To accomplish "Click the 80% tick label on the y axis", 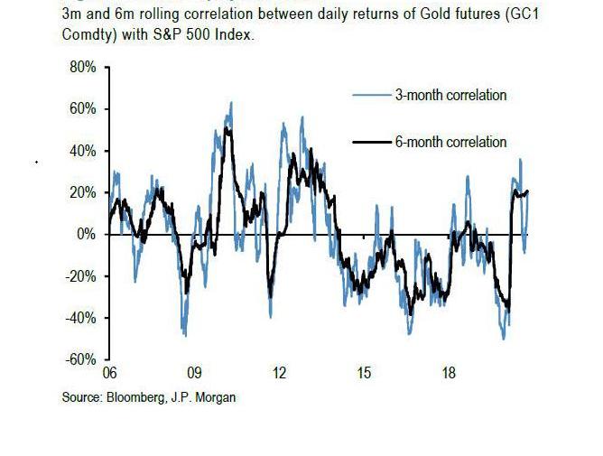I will click(82, 68).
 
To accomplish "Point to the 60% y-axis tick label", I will click(82, 109).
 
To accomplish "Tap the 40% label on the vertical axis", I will click(82, 151).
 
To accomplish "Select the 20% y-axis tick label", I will click(82, 192).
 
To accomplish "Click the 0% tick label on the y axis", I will click(86, 235).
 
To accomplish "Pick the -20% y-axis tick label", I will click(80, 276).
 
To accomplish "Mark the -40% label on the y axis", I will click(80, 318).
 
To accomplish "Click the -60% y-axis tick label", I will click(80, 359).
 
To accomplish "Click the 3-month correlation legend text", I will click(450, 95).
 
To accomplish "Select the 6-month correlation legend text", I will click(450, 142).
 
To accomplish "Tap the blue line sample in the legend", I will click(370, 95).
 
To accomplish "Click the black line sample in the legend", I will click(370, 142).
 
